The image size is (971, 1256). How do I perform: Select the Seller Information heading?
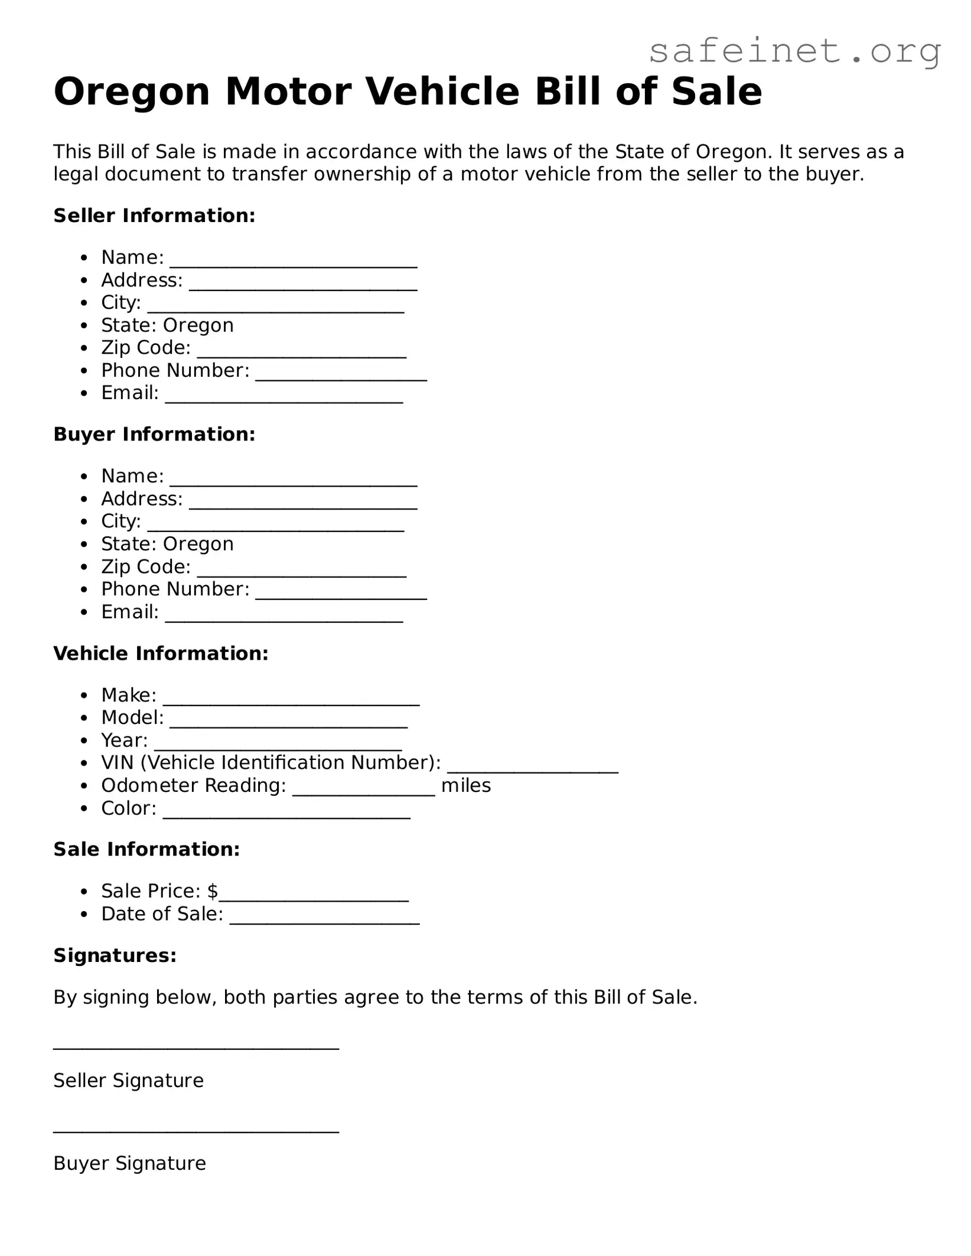[x=154, y=216]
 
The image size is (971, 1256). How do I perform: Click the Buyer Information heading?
[x=154, y=434]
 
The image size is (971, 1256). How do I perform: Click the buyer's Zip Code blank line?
[x=301, y=573]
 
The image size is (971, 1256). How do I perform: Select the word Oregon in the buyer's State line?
[x=198, y=544]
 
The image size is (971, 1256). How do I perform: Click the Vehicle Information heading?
[x=161, y=653]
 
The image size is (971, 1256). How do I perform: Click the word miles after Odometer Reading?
[x=466, y=785]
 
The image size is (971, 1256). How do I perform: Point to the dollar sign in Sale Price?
[x=213, y=890]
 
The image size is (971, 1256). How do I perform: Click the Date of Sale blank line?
[x=324, y=921]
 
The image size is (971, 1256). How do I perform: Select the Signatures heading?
[x=115, y=955]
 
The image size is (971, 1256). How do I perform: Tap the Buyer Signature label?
[x=129, y=1163]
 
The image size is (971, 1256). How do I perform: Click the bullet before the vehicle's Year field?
[x=85, y=741]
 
